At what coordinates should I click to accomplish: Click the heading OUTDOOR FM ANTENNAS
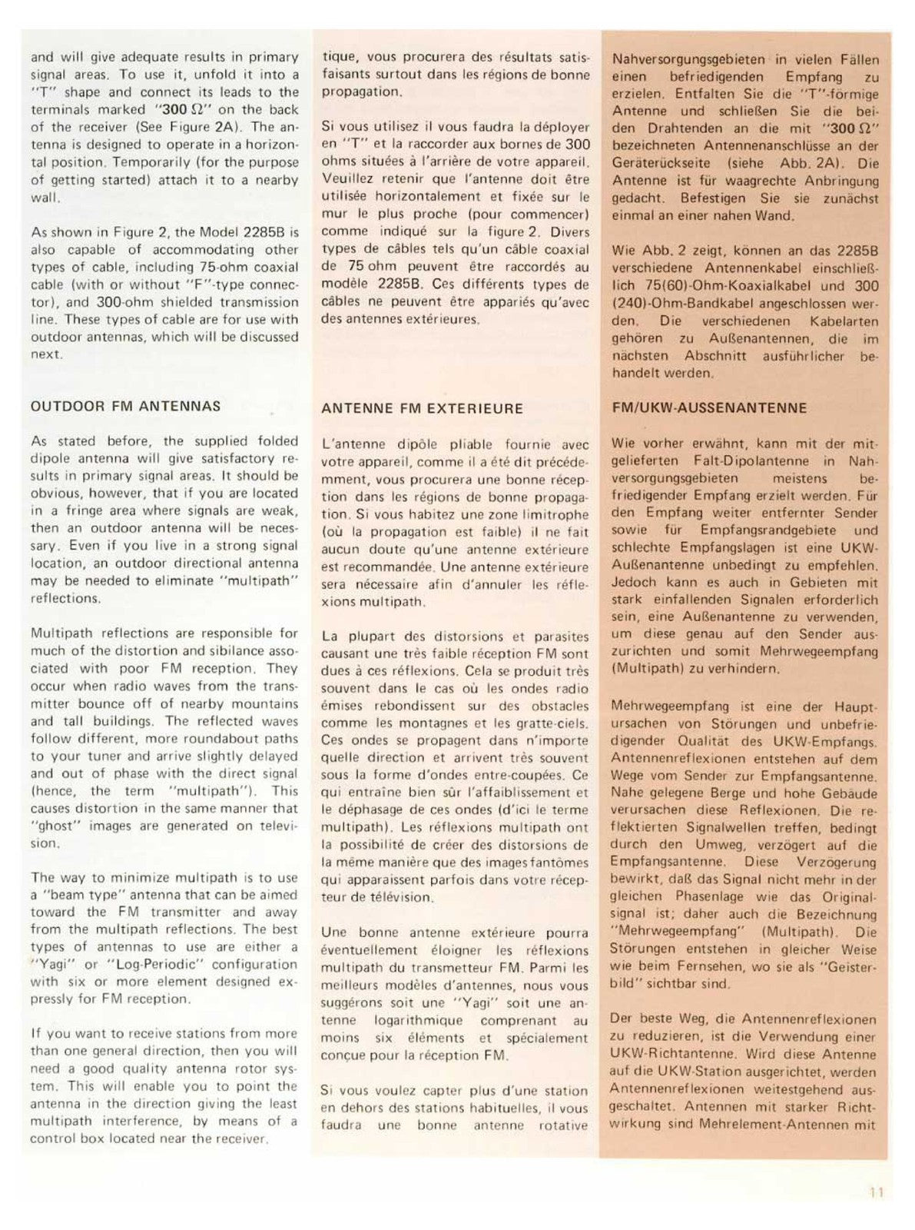click(125, 406)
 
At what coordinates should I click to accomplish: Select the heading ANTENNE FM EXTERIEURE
click(422, 408)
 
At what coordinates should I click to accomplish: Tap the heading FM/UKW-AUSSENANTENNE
click(709, 407)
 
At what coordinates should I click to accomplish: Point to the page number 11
click(877, 1192)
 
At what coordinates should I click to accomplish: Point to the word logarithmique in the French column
click(418, 1020)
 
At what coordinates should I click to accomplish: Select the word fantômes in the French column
click(556, 862)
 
